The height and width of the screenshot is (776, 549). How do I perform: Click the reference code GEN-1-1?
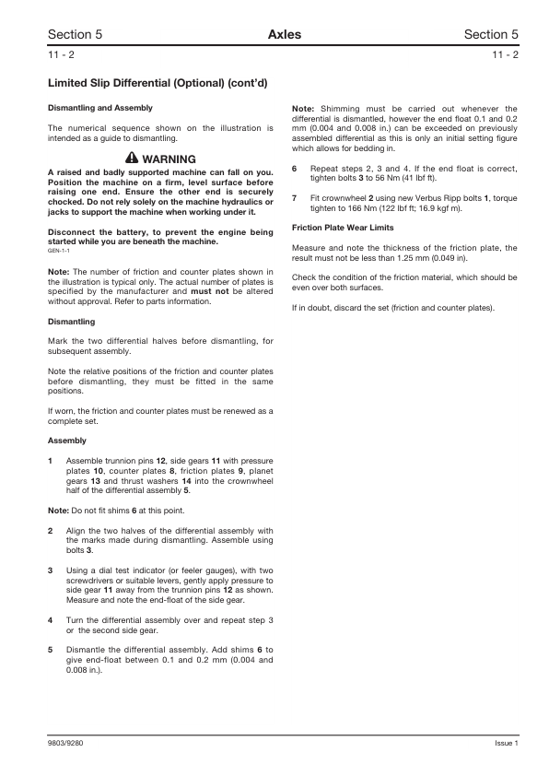60,250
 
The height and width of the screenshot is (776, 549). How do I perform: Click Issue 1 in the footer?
506,743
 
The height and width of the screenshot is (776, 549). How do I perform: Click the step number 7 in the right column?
294,198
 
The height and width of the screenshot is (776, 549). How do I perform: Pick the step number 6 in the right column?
294,169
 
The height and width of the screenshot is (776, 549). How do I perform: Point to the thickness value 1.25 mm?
393,257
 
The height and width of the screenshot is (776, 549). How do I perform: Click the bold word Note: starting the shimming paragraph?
303,108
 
